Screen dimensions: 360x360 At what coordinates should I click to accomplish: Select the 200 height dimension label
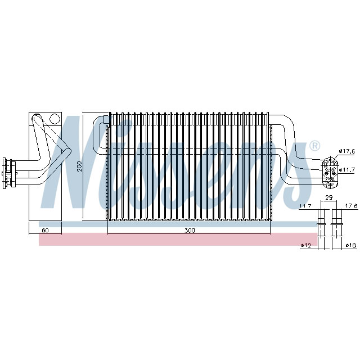coord(80,166)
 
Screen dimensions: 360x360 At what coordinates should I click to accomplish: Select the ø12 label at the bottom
coord(306,246)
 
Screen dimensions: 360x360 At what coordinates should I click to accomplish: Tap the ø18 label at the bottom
coord(350,246)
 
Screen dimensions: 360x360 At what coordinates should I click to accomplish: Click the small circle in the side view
coord(54,119)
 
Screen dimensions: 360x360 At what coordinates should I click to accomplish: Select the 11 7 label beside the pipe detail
coord(305,206)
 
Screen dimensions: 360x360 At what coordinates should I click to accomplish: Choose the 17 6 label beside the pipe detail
coord(352,206)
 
